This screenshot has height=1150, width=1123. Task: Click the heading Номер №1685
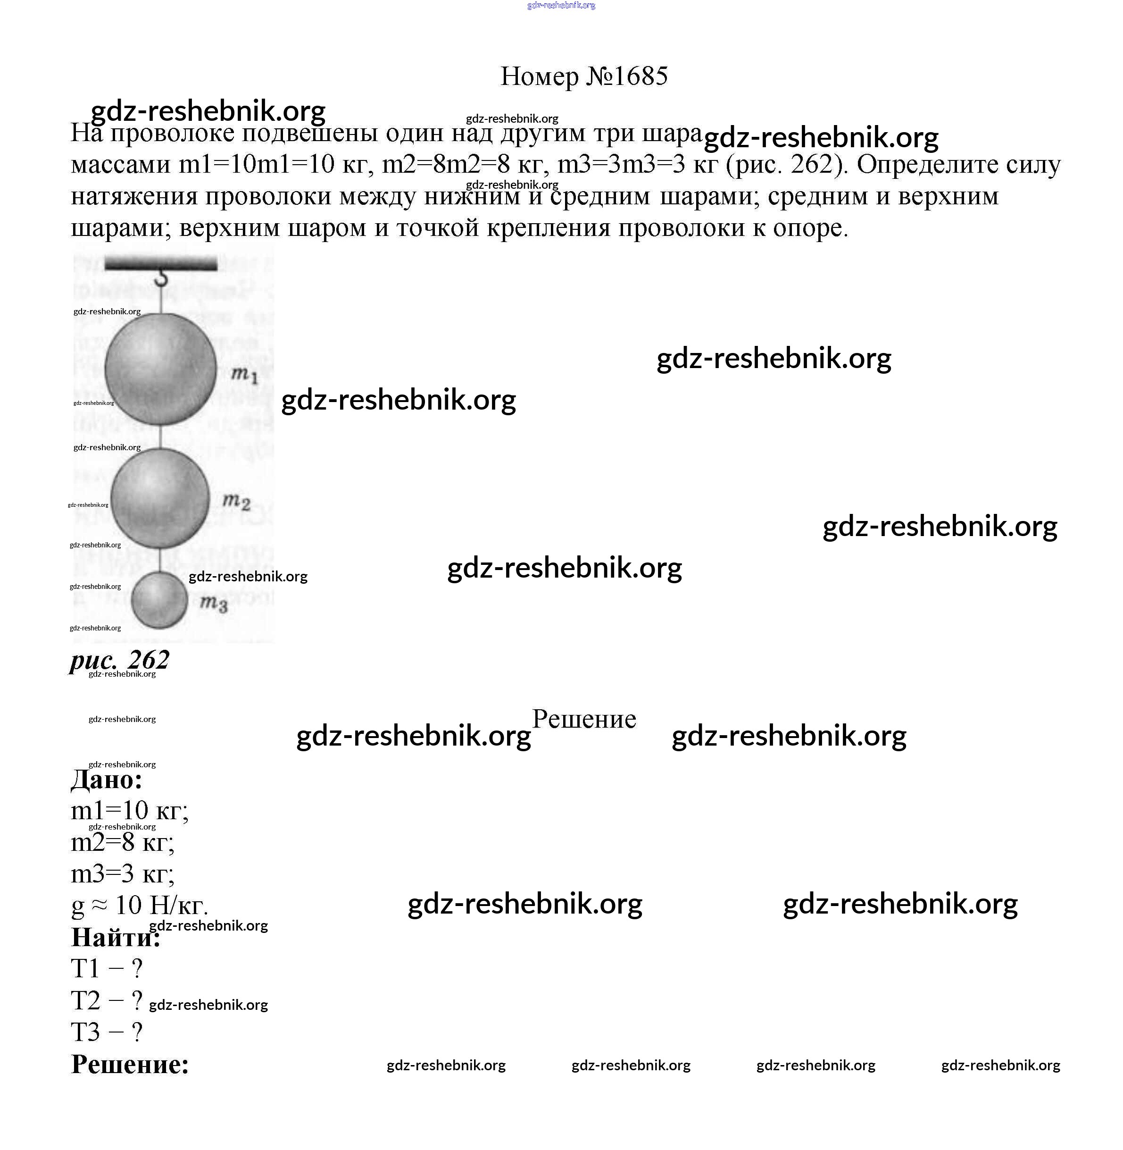(583, 76)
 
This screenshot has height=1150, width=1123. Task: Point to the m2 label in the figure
(236, 502)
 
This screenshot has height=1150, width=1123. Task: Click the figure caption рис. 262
(120, 660)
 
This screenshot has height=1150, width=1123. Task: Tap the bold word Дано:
(107, 780)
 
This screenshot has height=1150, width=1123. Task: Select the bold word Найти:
(116, 937)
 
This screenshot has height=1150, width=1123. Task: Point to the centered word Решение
(584, 719)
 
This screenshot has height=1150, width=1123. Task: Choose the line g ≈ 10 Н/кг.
(139, 905)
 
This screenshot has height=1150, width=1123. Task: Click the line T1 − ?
(107, 968)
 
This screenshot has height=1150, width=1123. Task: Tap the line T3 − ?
(107, 1032)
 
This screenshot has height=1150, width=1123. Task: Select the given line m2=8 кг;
(122, 842)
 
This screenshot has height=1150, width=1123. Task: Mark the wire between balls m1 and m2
(160, 436)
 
